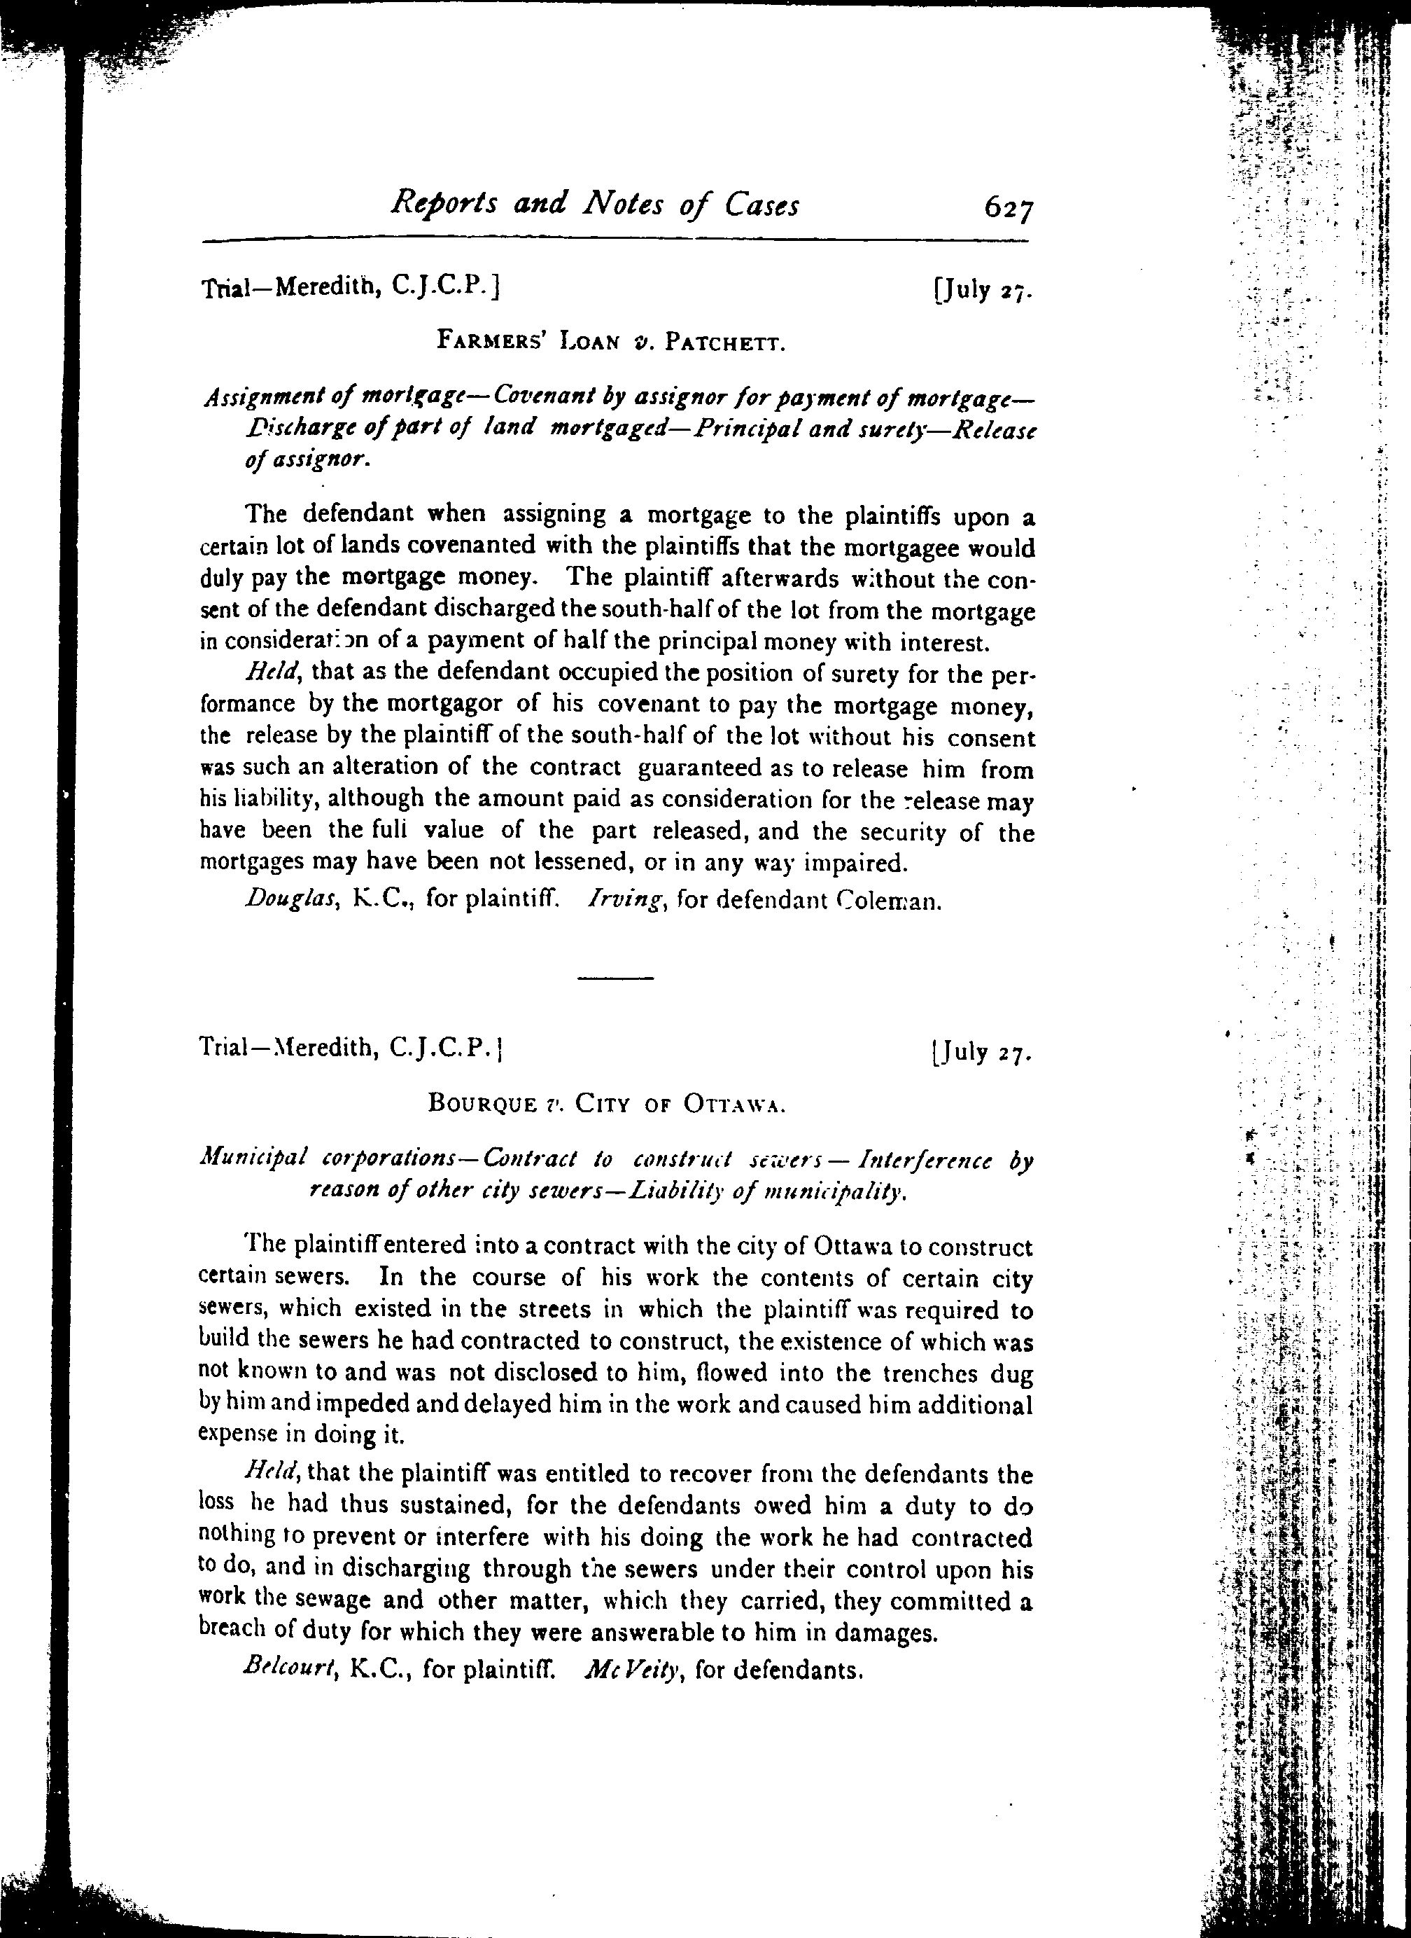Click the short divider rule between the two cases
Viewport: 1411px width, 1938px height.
click(615, 978)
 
